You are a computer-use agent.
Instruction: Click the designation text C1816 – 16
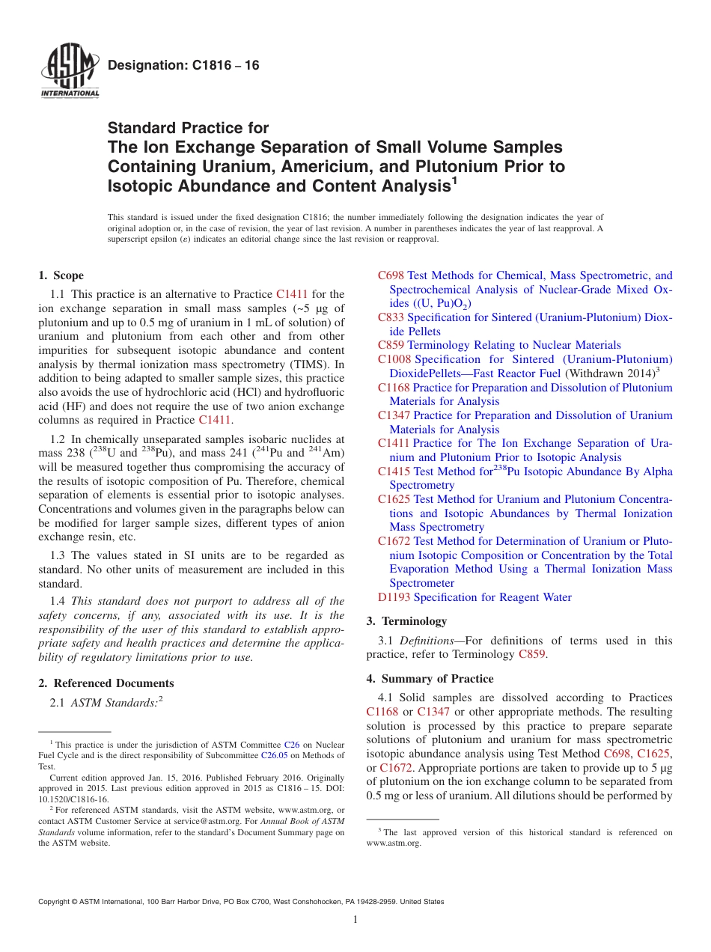tap(183, 66)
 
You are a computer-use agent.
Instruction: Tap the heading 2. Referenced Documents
tap(106, 683)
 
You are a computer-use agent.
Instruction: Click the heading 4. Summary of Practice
tap(430, 678)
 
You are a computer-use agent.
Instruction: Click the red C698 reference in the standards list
tap(391, 275)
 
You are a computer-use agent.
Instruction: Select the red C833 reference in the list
tap(391, 317)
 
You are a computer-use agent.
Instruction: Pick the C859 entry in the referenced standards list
tap(391, 345)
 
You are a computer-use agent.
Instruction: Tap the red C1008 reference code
tap(394, 359)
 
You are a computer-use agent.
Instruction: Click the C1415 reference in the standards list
tap(394, 471)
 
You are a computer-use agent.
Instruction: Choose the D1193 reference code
tap(394, 596)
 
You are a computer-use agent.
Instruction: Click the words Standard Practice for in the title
tap(188, 128)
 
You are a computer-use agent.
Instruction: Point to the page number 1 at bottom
tap(355, 919)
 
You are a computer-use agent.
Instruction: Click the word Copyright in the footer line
tap(55, 902)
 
